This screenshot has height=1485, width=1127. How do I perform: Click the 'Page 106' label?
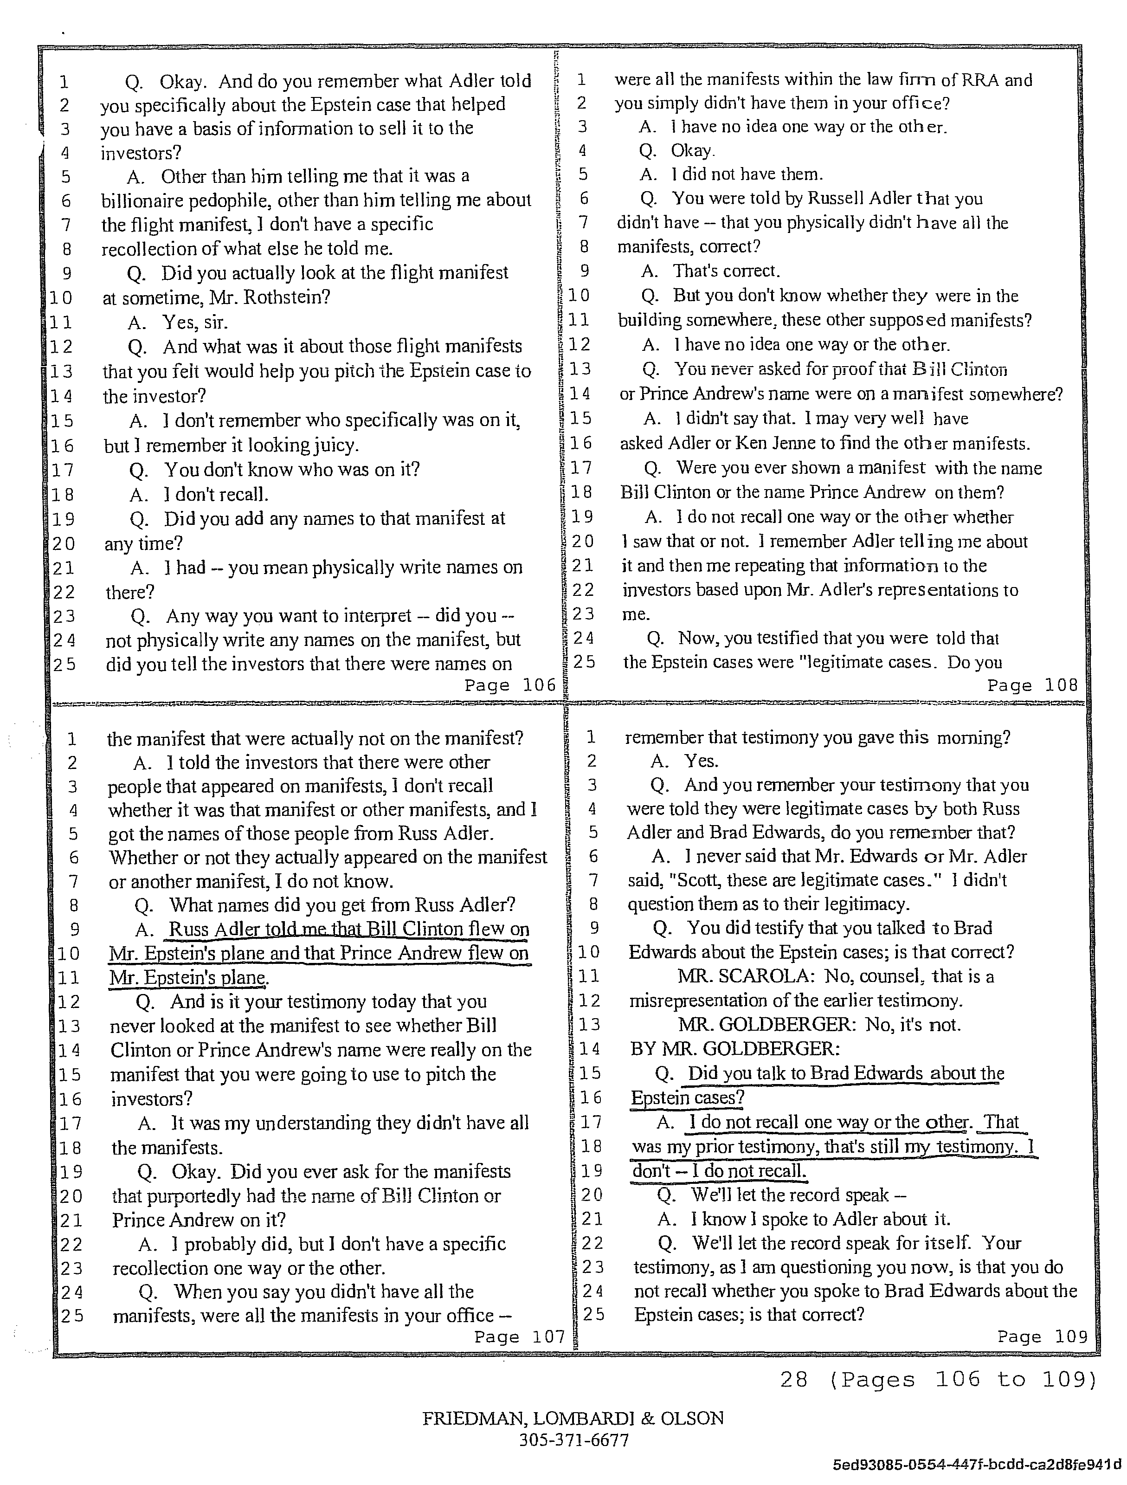pos(510,685)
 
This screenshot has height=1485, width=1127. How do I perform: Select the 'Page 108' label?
pos(1032,685)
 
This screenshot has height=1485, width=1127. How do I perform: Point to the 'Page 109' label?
pos(1042,1336)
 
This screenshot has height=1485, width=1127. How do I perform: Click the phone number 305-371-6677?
pos(574,1440)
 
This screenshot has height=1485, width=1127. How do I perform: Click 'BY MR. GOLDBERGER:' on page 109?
pos(735,1049)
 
